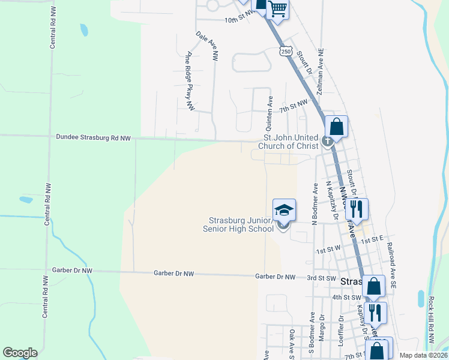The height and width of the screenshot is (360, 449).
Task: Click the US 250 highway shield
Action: coord(286,52)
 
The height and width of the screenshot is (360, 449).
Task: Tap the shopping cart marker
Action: coord(278,9)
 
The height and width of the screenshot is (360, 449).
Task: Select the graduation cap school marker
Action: coord(285,210)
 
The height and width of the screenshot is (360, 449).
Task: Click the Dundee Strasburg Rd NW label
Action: coord(93,138)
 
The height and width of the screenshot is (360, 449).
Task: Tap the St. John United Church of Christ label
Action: coord(287,141)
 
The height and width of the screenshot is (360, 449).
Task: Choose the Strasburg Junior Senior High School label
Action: coord(241,224)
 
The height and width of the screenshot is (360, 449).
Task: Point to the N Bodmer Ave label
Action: coord(314,204)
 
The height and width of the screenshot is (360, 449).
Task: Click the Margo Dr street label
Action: coord(322,327)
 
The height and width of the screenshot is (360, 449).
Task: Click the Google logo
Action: coord(20,353)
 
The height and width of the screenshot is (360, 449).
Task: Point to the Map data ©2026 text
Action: coord(422,355)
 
